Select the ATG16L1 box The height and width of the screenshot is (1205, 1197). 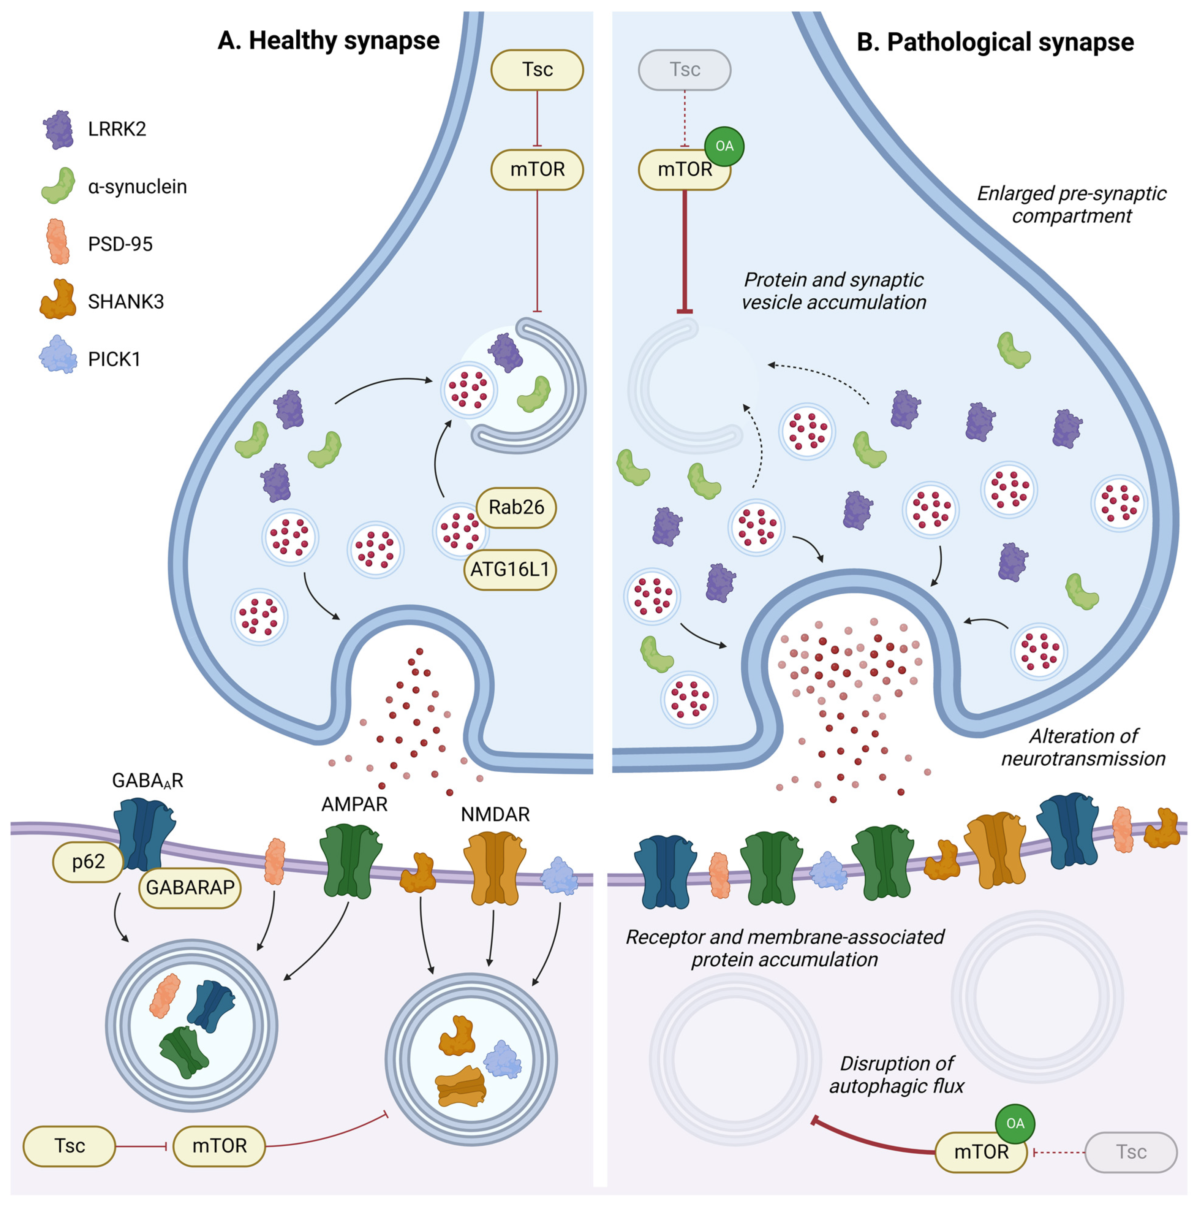pos(510,570)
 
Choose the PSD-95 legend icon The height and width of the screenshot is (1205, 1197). pos(59,241)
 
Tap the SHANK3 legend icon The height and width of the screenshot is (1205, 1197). pos(58,299)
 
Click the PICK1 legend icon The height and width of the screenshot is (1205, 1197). pos(59,354)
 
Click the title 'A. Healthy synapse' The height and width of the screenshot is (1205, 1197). pos(329,41)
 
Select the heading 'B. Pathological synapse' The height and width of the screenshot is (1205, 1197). pos(995,43)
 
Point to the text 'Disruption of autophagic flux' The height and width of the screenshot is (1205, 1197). pos(897,1075)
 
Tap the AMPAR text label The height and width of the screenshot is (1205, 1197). pos(354,804)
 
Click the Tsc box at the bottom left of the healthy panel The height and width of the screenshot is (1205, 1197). pos(69,1146)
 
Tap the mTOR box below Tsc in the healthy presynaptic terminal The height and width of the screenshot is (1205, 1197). pos(538,169)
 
